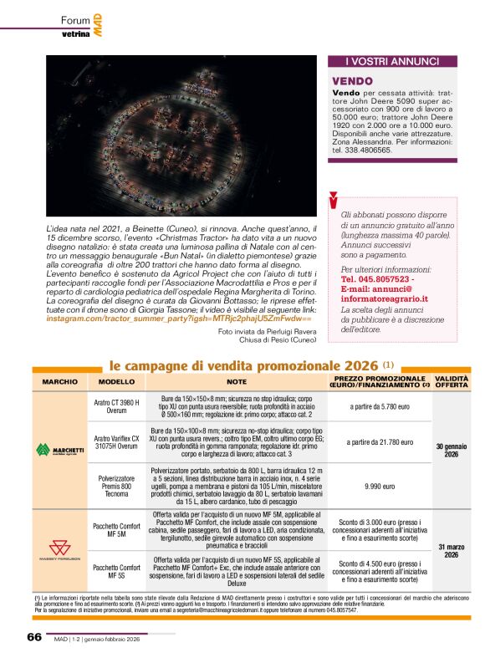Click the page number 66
(x=33, y=637)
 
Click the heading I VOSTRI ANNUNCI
(x=392, y=61)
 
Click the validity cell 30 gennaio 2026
(x=452, y=450)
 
